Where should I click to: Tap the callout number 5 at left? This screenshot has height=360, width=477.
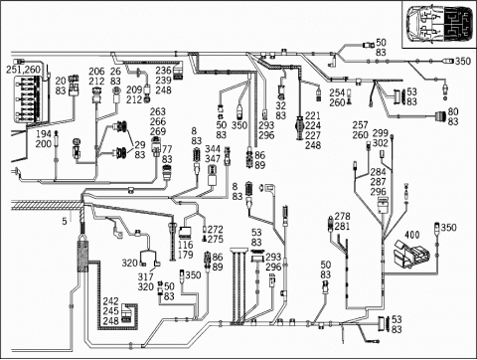pyautogui.click(x=65, y=220)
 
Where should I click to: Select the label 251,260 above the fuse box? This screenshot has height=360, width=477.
pyautogui.click(x=24, y=69)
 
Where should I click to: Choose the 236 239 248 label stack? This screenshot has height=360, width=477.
pyautogui.click(x=164, y=81)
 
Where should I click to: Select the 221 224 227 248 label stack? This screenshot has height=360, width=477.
pyautogui.click(x=313, y=130)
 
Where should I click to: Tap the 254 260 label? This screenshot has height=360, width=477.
pyautogui.click(x=338, y=97)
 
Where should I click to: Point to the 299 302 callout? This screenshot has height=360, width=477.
pyautogui.click(x=380, y=138)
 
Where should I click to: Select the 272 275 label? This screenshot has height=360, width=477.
pyautogui.click(x=215, y=234)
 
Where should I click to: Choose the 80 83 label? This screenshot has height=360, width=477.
pyautogui.click(x=453, y=117)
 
